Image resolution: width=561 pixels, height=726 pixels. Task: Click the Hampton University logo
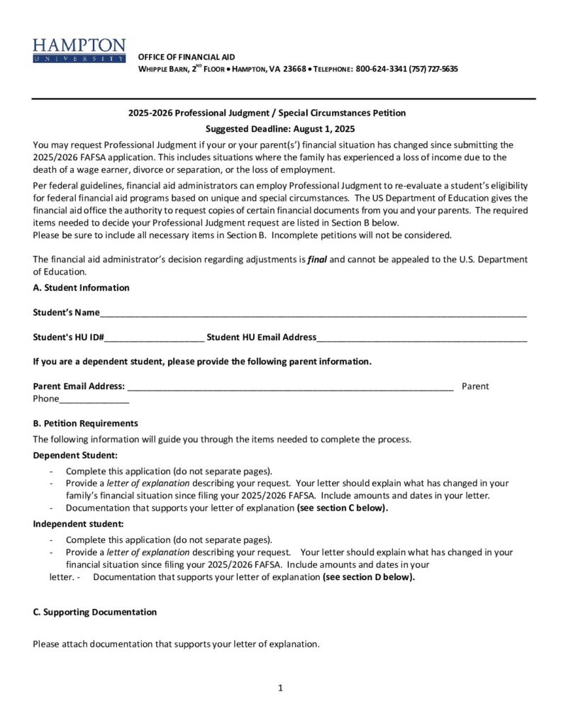pos(79,50)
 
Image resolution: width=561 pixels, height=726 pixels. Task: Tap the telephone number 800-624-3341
pos(382,69)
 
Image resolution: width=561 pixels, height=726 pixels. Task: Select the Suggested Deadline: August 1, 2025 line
pos(279,129)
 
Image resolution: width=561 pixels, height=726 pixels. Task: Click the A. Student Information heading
pos(81,288)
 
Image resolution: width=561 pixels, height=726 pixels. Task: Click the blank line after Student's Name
pos(313,313)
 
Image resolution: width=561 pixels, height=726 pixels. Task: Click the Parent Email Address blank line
pos(289,387)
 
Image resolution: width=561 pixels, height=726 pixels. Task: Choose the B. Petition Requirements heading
pos(85,423)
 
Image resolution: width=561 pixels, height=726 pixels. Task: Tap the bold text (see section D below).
pos(369,577)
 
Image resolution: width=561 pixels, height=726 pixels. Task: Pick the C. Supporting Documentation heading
pos(94,612)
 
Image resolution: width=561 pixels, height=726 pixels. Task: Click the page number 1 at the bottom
pos(281,688)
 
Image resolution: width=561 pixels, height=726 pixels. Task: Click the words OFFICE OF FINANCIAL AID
pos(186,57)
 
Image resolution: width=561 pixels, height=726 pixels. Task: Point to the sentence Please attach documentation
pos(176,644)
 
